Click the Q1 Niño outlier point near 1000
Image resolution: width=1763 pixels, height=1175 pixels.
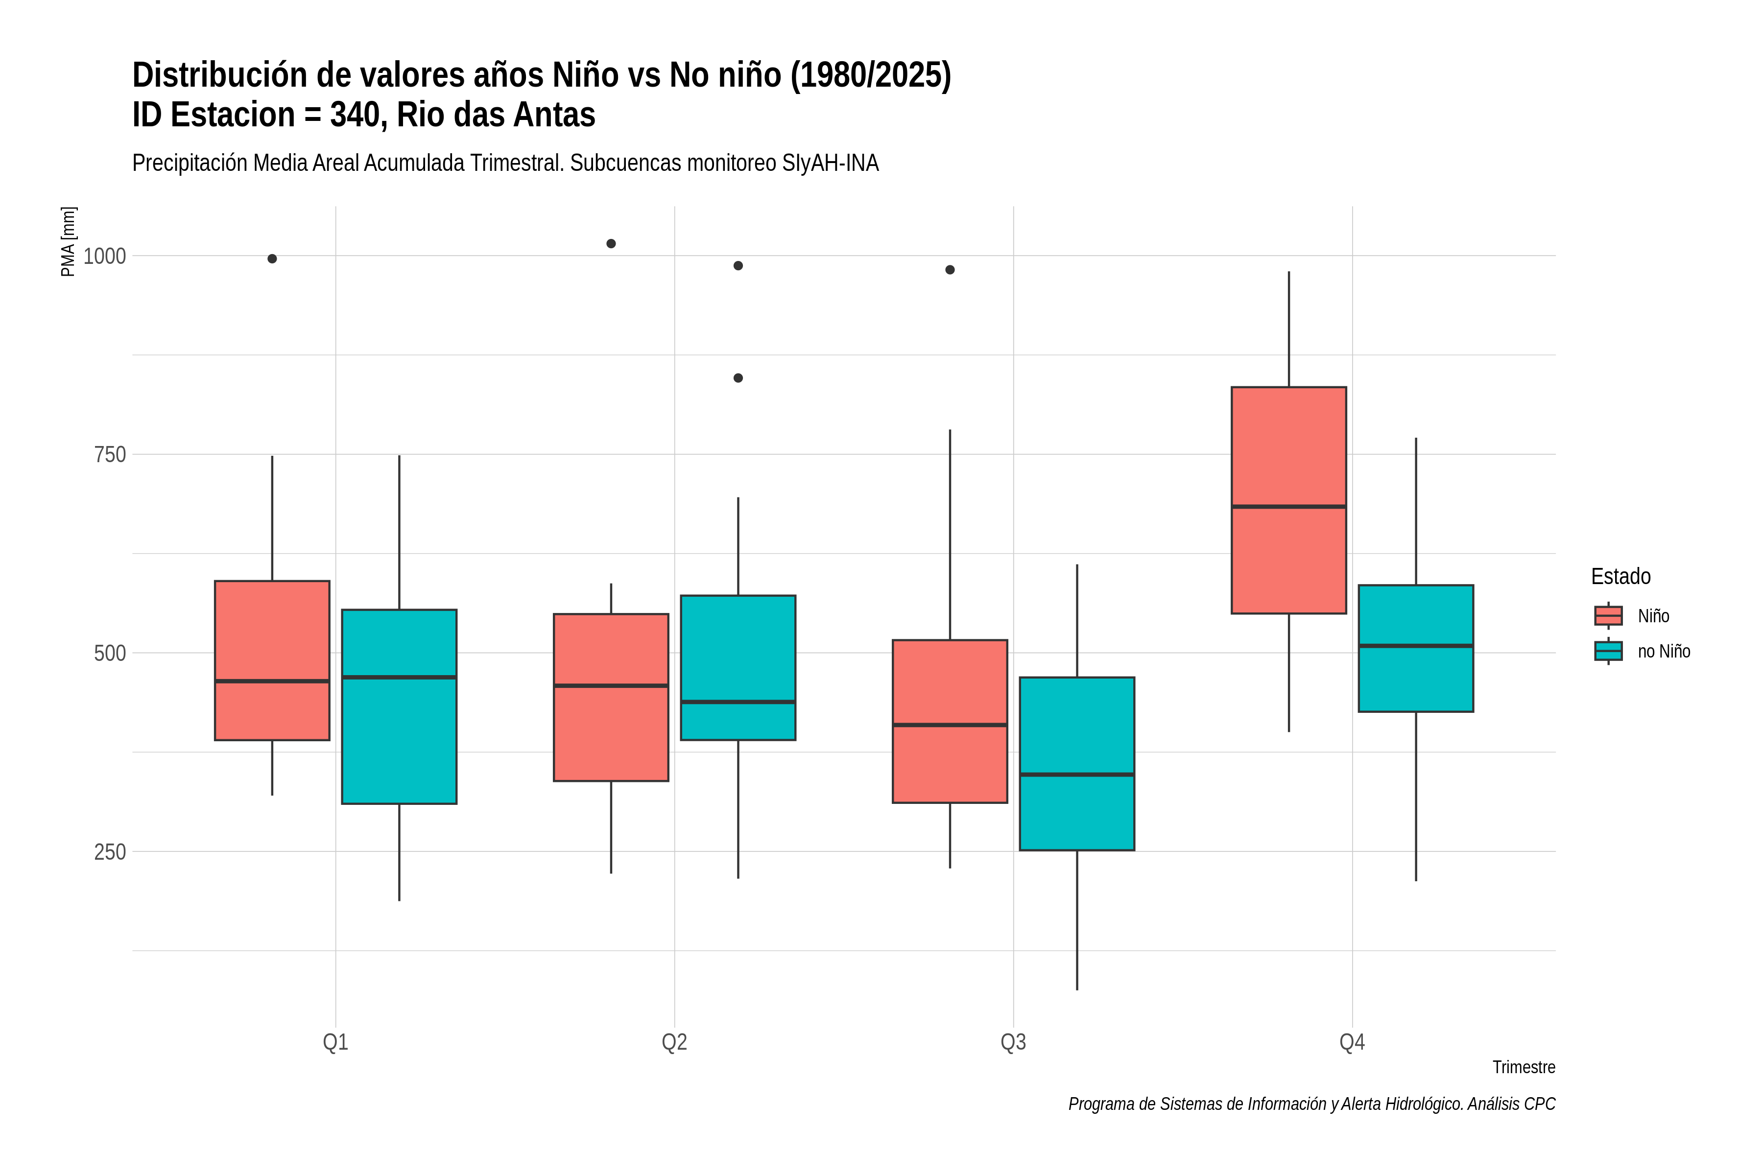pos(272,258)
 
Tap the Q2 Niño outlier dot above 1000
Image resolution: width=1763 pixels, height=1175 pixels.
pos(611,243)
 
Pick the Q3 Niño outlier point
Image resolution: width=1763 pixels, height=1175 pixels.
pos(950,270)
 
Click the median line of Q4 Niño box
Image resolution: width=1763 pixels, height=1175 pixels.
pos(1288,507)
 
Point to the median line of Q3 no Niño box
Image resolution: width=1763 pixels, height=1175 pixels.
pos(1077,774)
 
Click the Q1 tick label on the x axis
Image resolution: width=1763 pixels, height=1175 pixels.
pos(335,1042)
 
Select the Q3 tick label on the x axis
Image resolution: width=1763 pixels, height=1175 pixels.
pos(1013,1042)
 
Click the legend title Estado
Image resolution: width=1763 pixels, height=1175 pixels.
pos(1620,576)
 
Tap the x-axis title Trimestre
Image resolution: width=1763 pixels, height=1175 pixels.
pos(1524,1067)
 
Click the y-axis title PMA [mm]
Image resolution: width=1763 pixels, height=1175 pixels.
pos(68,241)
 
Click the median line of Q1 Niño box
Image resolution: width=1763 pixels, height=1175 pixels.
pos(272,681)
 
